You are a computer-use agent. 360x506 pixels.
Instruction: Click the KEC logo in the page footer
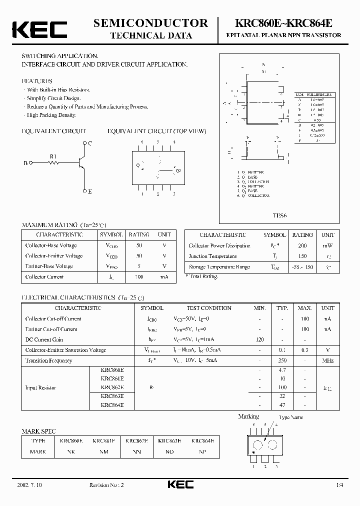tap(179, 485)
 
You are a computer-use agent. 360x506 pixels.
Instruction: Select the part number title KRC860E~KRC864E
tap(287, 23)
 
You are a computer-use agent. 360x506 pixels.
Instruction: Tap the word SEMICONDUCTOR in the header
tap(151, 22)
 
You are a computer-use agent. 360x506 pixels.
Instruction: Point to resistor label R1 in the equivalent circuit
tap(53, 156)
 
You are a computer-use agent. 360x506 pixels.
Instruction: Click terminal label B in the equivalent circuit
tap(25, 163)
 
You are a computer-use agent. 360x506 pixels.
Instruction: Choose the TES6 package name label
tap(279, 215)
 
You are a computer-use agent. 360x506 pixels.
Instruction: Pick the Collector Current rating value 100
tap(139, 277)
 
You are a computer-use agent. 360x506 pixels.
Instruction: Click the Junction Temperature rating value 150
tap(302, 256)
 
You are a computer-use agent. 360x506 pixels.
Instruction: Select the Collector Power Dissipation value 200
tap(302, 246)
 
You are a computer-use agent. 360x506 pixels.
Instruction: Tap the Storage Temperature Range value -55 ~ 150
tap(302, 267)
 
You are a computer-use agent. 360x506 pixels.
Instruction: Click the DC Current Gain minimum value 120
tap(259, 339)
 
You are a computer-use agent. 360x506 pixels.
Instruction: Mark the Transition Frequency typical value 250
tap(282, 360)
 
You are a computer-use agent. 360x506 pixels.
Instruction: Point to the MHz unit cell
tap(327, 360)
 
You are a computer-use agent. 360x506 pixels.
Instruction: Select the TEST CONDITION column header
tap(209, 308)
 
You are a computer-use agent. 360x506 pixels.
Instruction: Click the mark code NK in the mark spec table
tap(70, 451)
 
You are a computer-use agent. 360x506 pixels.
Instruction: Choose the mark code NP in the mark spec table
tap(202, 451)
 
